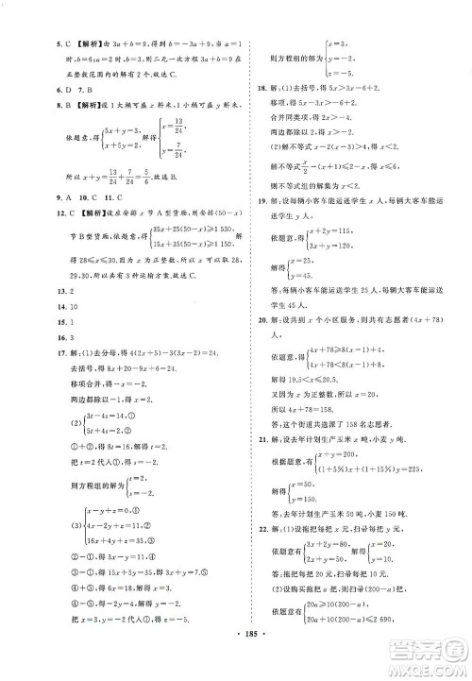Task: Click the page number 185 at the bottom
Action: click(x=236, y=653)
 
